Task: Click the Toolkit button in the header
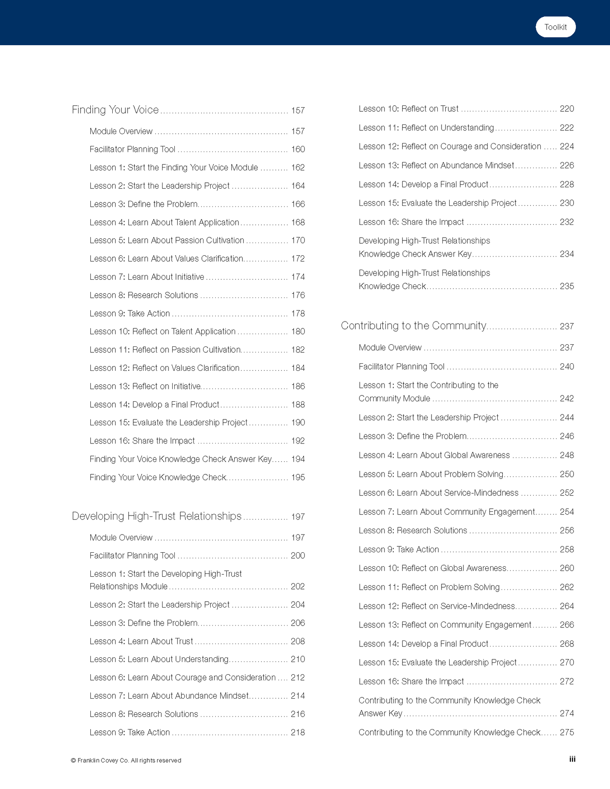click(555, 27)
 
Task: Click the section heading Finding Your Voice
click(115, 110)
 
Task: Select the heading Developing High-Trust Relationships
click(157, 516)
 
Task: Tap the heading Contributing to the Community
click(414, 326)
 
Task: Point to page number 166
click(298, 204)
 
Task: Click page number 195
click(298, 478)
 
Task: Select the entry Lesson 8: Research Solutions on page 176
click(144, 295)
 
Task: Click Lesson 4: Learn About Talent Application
click(164, 222)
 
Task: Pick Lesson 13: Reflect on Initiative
click(145, 386)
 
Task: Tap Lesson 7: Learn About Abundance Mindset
click(169, 696)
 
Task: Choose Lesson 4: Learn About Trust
click(141, 641)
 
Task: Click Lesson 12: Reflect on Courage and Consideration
click(450, 146)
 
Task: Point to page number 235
click(567, 286)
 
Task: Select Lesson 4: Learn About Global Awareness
click(434, 455)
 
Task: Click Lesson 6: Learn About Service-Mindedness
click(438, 493)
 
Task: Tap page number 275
click(567, 732)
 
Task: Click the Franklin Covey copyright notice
click(126, 760)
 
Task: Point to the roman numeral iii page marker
click(572, 759)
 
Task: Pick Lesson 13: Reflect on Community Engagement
click(445, 625)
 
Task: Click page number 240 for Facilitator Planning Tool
click(567, 367)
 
